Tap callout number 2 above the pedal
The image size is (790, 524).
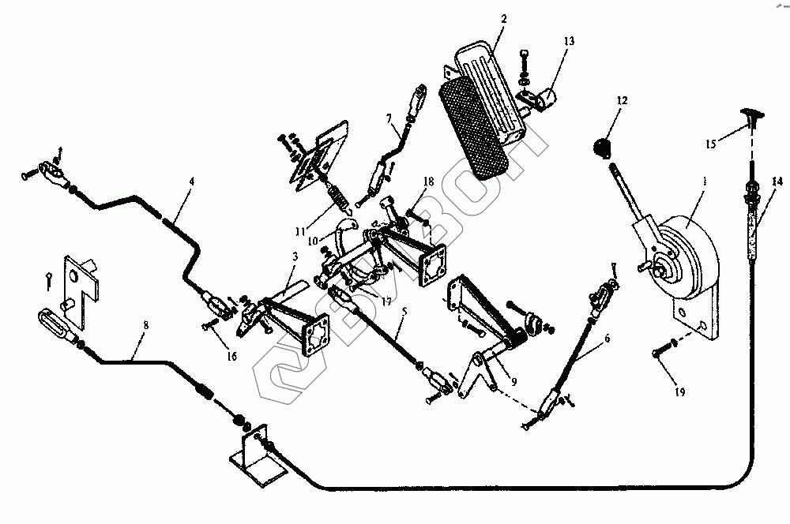[503, 20]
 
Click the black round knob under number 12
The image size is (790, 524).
[603, 146]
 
